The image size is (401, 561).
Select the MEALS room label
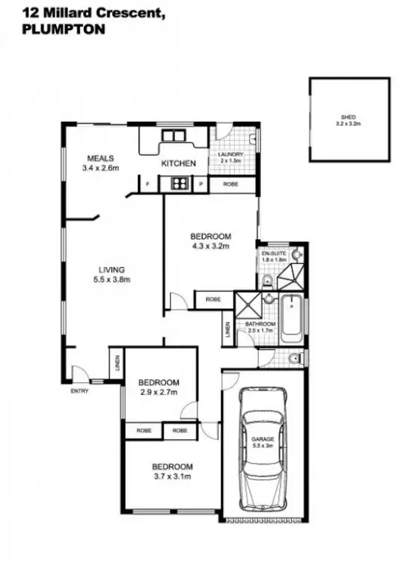click(x=100, y=158)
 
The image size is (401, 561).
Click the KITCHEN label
click(x=179, y=163)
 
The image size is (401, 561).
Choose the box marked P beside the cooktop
click(x=200, y=183)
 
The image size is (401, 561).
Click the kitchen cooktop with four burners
click(x=179, y=183)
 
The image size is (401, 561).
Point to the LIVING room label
click(x=115, y=270)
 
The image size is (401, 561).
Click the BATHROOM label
click(x=260, y=324)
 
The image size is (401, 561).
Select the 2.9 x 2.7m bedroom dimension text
click(x=159, y=391)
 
